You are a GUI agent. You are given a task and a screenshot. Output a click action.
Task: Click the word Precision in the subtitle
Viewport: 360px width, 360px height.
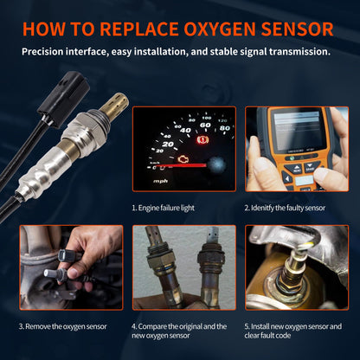[x=48, y=51]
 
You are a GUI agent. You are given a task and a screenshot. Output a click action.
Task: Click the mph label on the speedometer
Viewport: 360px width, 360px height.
[x=159, y=182]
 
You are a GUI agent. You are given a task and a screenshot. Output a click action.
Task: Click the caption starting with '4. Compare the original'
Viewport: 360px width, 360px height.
[x=179, y=331]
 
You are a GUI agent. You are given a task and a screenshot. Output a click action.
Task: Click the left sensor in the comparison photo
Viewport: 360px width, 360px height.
[x=158, y=268]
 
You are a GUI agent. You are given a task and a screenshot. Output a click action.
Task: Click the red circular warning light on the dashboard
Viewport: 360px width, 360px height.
[x=206, y=138]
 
